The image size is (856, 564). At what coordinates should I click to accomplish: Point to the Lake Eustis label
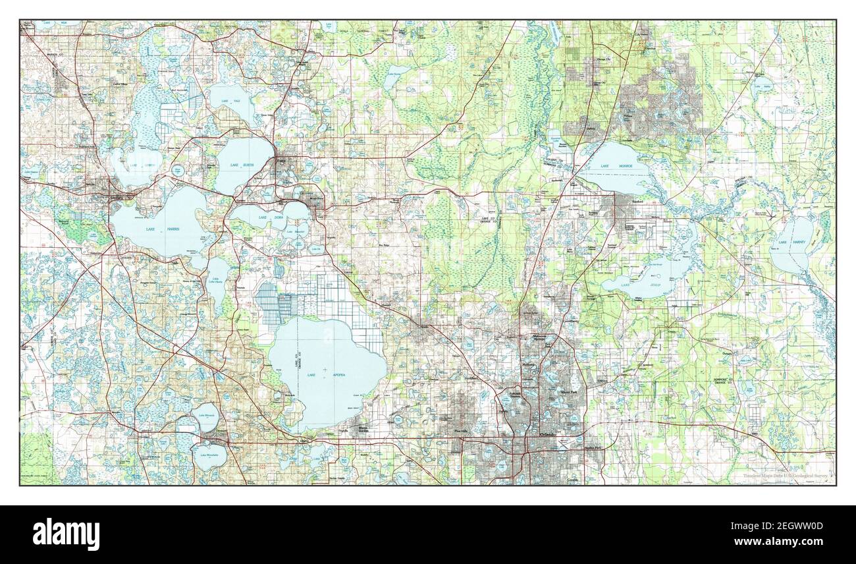pyautogui.click(x=238, y=164)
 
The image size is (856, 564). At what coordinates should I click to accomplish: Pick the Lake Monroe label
pyautogui.click(x=616, y=165)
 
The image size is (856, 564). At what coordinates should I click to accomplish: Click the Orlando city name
pyautogui.click(x=548, y=436)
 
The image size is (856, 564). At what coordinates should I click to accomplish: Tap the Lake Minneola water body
pyautogui.click(x=207, y=417)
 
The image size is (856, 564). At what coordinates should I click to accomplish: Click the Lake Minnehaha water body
pyautogui.click(x=209, y=455)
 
